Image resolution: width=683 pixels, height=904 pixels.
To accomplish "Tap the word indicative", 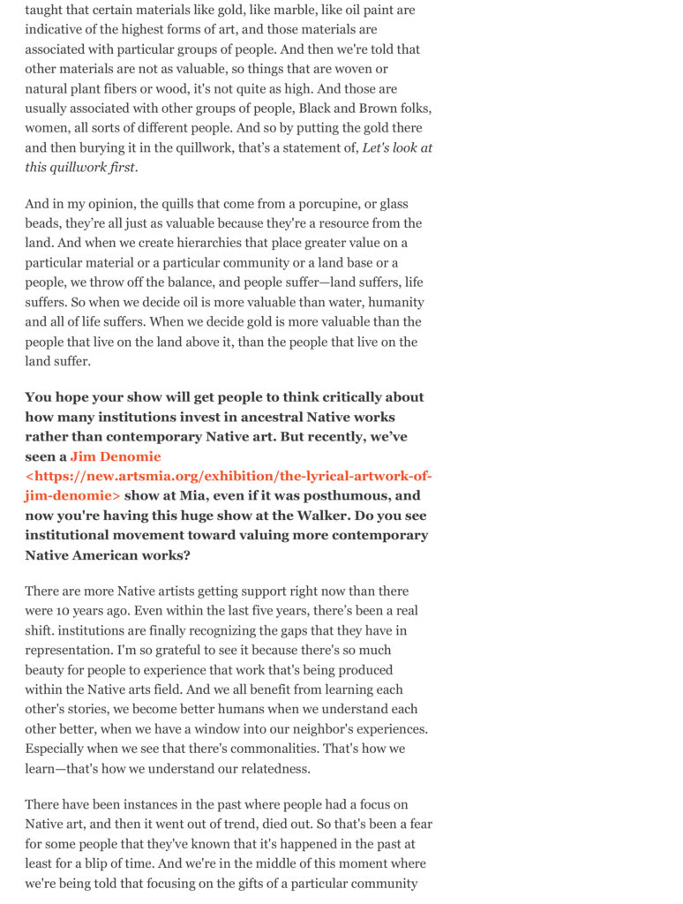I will (57, 30).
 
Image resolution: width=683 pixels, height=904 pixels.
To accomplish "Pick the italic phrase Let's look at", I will (397, 147).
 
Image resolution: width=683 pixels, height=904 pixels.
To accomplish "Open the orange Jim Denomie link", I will (116, 456).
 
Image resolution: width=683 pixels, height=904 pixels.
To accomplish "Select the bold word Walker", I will (292, 516).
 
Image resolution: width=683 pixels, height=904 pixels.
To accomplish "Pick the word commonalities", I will (274, 749).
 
